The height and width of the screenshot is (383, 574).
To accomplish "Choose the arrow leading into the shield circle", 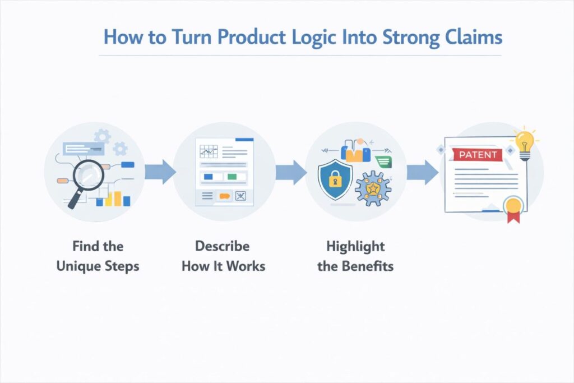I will click(291, 172).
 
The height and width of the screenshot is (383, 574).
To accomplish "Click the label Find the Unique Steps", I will click(98, 256).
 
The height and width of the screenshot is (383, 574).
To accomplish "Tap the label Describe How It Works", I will click(223, 256).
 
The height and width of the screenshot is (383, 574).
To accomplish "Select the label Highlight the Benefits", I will click(355, 256).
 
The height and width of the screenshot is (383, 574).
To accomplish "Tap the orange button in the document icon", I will click(225, 196).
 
